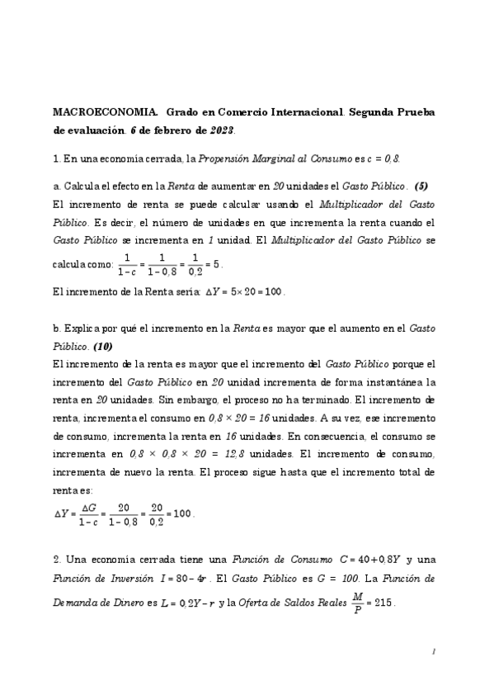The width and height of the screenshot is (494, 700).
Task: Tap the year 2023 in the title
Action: click(221, 130)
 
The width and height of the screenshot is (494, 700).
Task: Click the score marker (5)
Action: click(421, 184)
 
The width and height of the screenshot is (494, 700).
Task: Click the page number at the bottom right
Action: click(433, 652)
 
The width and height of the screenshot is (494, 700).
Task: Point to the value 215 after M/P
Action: click(383, 603)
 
